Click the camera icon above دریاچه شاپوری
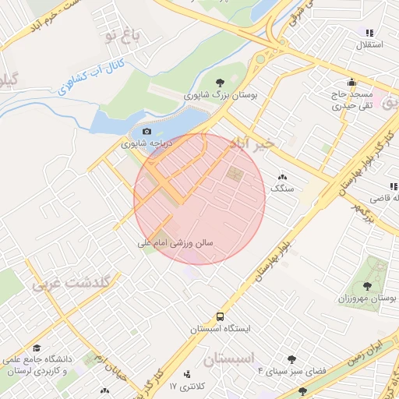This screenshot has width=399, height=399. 146,131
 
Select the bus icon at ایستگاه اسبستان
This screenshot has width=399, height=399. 221,316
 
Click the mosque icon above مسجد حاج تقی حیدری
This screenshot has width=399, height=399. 353,81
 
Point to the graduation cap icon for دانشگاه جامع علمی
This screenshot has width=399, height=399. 36,348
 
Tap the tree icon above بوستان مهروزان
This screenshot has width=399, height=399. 367,287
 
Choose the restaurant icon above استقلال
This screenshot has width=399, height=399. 369,33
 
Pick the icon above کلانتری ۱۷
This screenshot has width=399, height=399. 185,375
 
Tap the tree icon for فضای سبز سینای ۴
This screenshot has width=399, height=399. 291,359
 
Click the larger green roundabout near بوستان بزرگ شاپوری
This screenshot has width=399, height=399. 260,59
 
